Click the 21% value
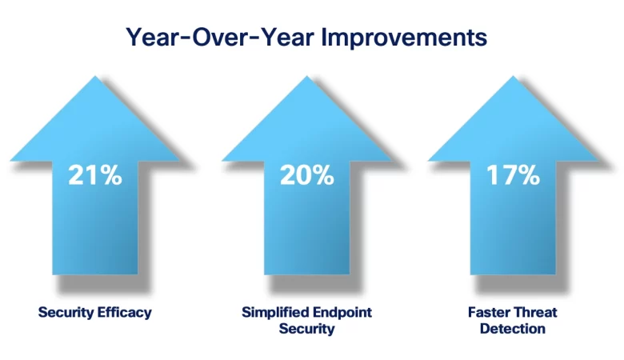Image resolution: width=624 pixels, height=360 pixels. [x=95, y=175]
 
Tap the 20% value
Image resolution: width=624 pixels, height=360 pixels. [x=306, y=175]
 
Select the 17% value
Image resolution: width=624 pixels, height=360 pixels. [x=513, y=175]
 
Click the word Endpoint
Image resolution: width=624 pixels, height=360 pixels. [x=342, y=312]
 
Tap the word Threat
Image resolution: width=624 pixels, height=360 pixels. [x=535, y=312]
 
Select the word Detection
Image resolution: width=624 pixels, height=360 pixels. [x=513, y=329]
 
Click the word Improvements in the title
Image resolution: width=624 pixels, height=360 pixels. [x=404, y=37]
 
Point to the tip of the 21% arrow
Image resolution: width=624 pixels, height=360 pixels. [x=95, y=78]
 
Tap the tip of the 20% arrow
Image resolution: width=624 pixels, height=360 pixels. [x=306, y=78]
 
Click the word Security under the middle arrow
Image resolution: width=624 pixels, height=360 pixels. [x=306, y=329]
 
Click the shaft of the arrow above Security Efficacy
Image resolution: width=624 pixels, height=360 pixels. [x=95, y=232]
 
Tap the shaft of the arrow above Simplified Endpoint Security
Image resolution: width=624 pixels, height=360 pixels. [x=306, y=232]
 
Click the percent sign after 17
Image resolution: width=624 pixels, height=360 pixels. [x=529, y=175]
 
